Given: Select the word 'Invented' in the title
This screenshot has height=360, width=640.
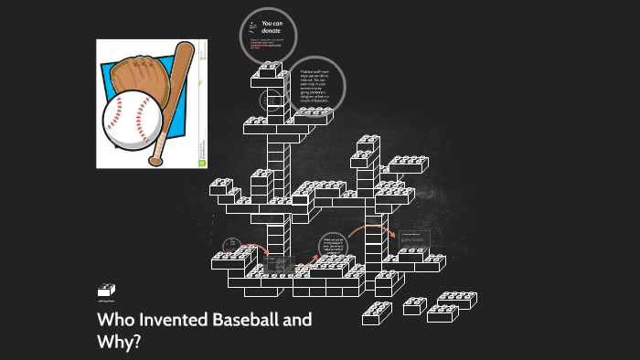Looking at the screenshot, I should coord(180,321).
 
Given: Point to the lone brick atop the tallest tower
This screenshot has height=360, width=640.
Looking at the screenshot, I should coord(272,69).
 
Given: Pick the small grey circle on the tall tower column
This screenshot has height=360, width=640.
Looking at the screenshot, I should coord(270,101).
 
